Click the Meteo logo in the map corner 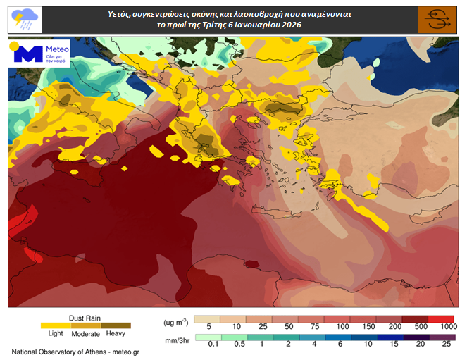pyautogui.click(x=39, y=54)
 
